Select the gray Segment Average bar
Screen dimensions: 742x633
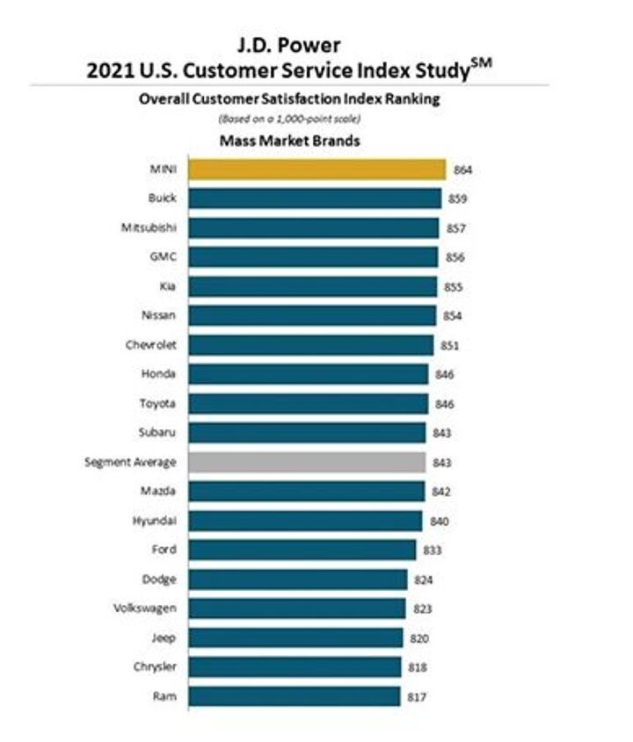click(306, 462)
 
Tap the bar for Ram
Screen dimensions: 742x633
click(295, 696)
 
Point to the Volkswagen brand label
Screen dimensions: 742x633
click(145, 609)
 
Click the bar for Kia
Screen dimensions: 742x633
click(313, 286)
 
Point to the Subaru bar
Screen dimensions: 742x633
click(307, 433)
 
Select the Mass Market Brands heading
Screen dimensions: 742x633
click(289, 140)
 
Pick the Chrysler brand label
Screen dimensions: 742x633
click(155, 666)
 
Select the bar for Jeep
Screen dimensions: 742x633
click(296, 638)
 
